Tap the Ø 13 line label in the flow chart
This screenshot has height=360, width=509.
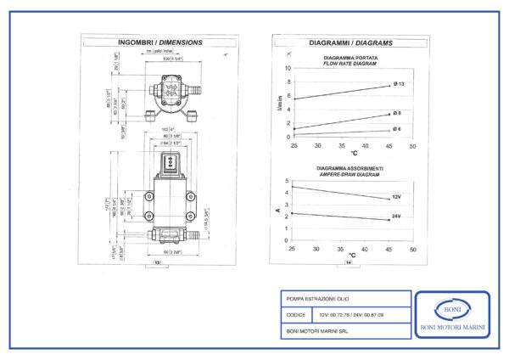(x=399, y=84)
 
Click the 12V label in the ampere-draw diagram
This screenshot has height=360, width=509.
(x=396, y=197)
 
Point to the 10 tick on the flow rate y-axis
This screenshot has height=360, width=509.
(x=287, y=68)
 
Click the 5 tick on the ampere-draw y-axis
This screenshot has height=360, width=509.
(x=287, y=182)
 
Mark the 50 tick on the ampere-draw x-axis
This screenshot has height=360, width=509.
(x=413, y=249)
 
